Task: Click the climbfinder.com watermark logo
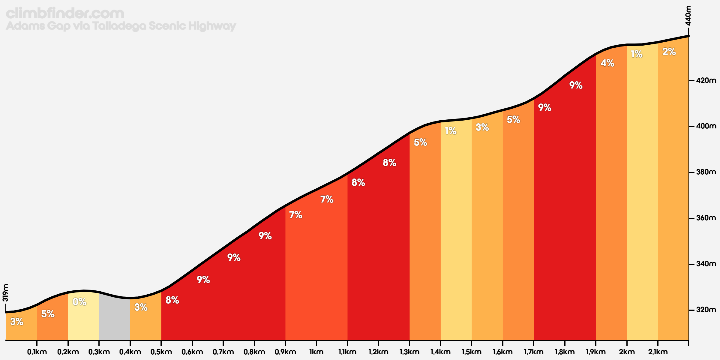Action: pyautogui.click(x=65, y=13)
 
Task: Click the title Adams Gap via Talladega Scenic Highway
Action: pyautogui.click(x=121, y=26)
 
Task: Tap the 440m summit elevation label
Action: pyautogui.click(x=688, y=16)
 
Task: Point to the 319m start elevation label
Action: pyautogui.click(x=5, y=293)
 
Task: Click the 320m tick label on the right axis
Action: pyautogui.click(x=706, y=310)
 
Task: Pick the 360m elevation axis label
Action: pyautogui.click(x=706, y=218)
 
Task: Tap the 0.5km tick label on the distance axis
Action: pyautogui.click(x=161, y=352)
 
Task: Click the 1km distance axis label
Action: pyautogui.click(x=316, y=352)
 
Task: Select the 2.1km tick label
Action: pyautogui.click(x=658, y=352)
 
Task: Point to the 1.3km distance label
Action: pyautogui.click(x=409, y=352)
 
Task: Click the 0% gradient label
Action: pyautogui.click(x=79, y=302)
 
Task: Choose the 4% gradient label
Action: pyautogui.click(x=607, y=63)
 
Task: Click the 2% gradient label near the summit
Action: pyautogui.click(x=669, y=52)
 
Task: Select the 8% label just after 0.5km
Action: pyautogui.click(x=172, y=300)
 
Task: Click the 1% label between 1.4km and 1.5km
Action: pyautogui.click(x=451, y=131)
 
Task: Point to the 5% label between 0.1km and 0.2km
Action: pyautogui.click(x=48, y=314)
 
